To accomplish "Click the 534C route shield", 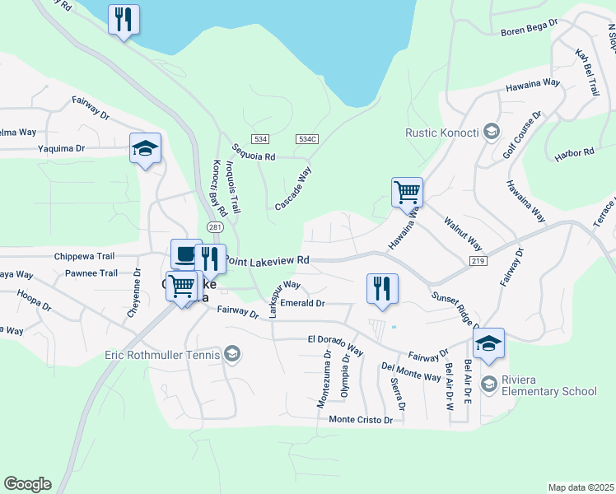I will [x=307, y=140].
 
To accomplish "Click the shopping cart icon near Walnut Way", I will [x=407, y=193].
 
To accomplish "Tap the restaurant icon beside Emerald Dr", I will [x=382, y=289].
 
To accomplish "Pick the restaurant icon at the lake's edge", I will [x=124, y=20].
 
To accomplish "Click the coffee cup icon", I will [x=185, y=254].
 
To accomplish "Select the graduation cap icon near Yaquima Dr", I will [x=145, y=149].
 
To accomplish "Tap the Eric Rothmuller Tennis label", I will [x=161, y=355].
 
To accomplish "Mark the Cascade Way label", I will [x=293, y=189].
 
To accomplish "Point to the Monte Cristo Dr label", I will [x=365, y=420].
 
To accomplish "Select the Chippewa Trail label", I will [x=86, y=256].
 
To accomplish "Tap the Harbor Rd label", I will [x=576, y=153].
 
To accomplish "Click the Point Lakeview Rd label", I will [x=268, y=260].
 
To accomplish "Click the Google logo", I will [x=27, y=484].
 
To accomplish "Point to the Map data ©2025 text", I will [x=580, y=487].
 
